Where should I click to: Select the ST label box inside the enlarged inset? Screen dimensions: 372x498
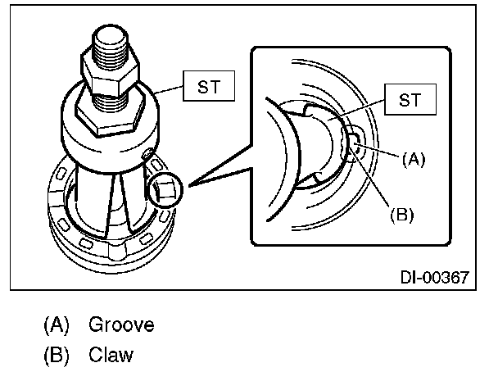413,101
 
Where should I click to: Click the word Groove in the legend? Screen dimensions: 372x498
122,325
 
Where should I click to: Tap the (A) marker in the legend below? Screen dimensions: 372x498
57,325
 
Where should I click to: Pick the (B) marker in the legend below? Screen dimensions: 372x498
57,356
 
